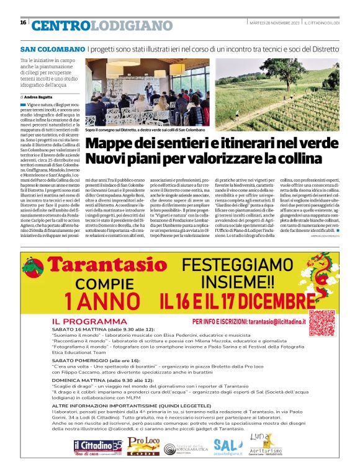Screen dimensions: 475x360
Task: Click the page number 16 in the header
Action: coord(23,23)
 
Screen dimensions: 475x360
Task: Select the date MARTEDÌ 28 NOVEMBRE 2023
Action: coord(268,23)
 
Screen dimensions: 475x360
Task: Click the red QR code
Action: coord(322,323)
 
